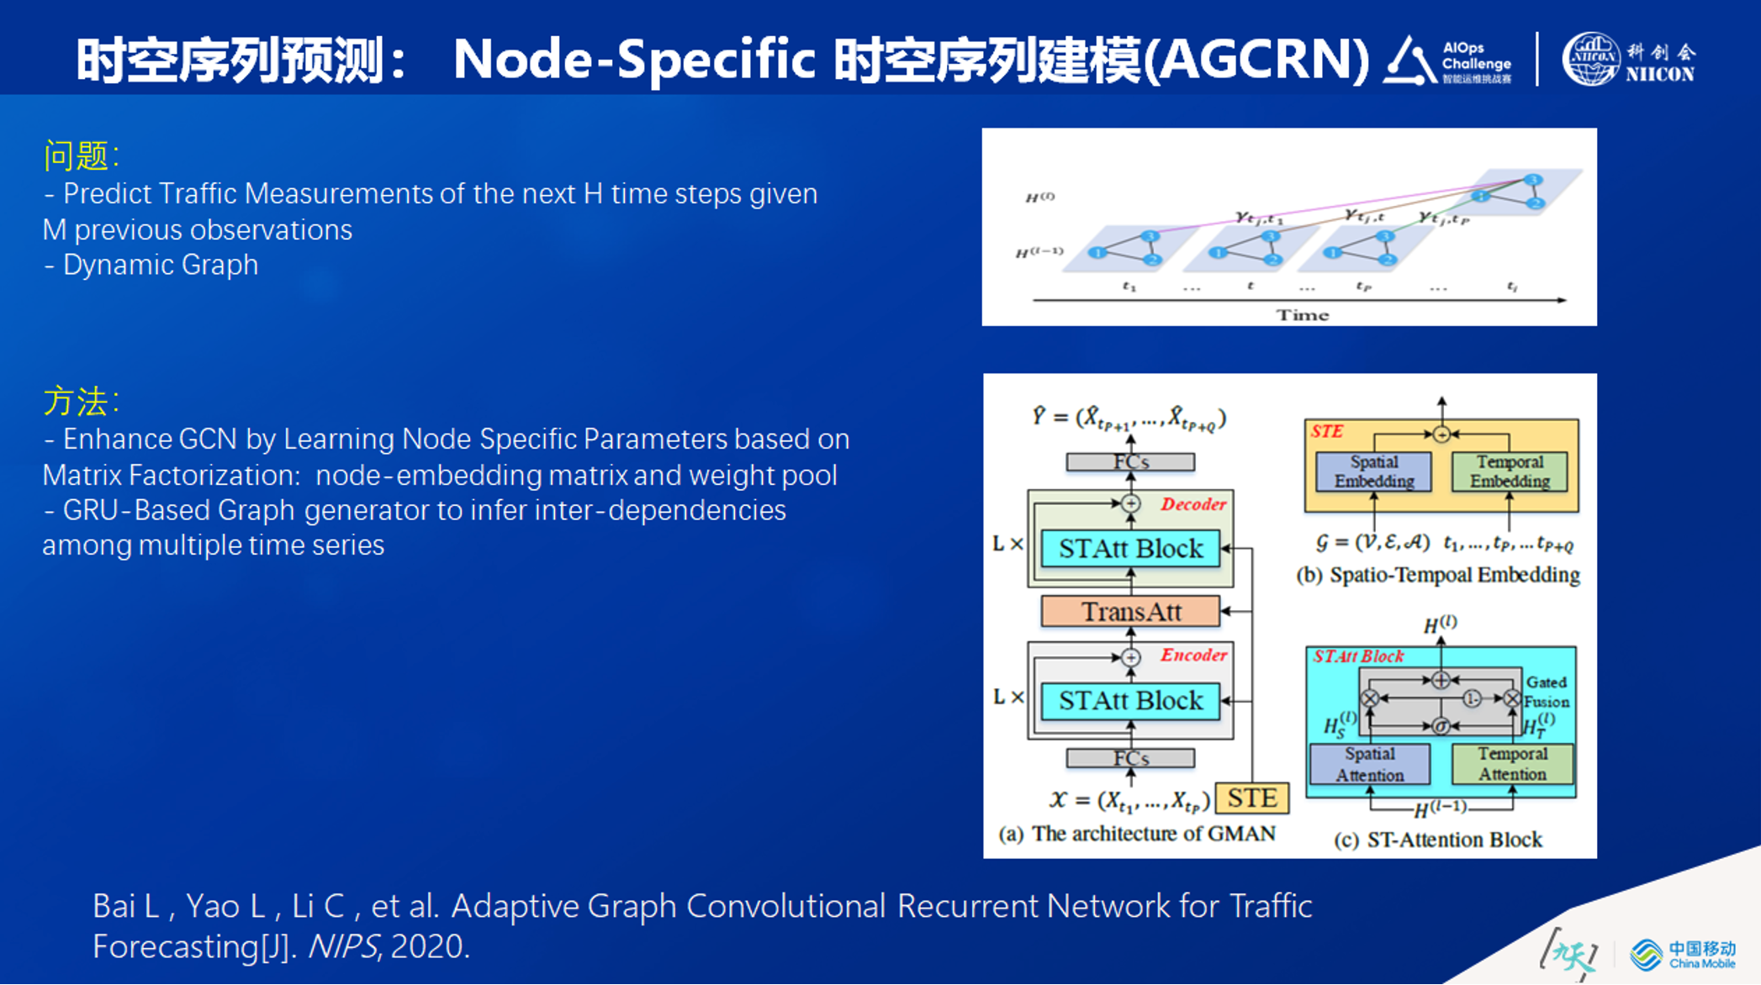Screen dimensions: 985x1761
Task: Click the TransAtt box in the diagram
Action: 1130,611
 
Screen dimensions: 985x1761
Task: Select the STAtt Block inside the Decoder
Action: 1130,549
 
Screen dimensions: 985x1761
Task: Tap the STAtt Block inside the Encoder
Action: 1130,700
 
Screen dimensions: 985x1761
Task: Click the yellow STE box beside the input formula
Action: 1251,798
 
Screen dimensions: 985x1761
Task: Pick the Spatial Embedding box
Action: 1373,471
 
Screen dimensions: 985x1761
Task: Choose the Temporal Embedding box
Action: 1510,471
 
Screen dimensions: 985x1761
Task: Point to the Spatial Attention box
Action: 1369,764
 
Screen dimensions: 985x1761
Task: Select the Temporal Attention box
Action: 1512,764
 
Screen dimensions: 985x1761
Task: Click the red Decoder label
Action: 1193,504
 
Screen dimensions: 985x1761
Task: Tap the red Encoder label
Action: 1193,655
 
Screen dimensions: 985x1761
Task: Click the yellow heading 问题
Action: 77,156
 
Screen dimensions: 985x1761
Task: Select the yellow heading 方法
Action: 77,402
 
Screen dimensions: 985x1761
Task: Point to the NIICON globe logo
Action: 1589,59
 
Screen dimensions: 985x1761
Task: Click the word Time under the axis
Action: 1303,315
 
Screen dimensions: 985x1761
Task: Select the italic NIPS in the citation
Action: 342,947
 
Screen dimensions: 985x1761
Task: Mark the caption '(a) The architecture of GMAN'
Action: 1136,834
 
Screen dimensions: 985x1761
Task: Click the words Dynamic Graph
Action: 160,265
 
